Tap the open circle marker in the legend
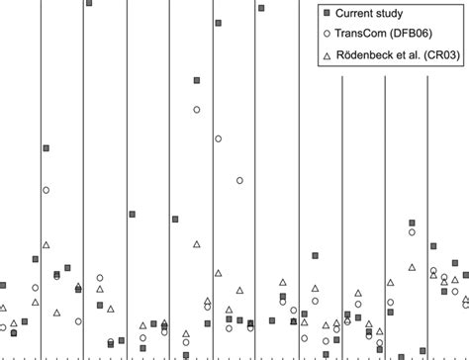click(323, 36)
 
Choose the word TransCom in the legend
click(365, 36)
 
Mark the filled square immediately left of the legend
click(261, 8)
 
